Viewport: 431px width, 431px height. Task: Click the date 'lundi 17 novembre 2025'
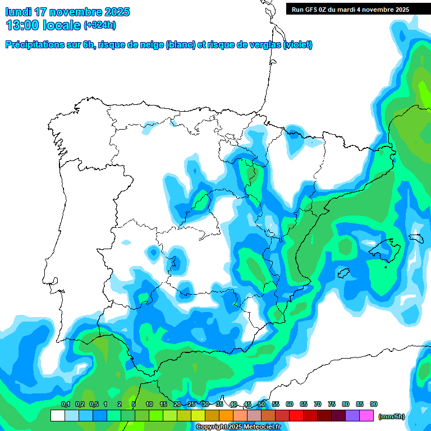point(67,12)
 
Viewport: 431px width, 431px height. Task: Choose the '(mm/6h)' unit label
point(391,416)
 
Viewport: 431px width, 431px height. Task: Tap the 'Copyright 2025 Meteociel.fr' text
point(238,427)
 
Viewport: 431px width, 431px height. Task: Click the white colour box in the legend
point(57,416)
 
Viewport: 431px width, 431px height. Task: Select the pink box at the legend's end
point(367,416)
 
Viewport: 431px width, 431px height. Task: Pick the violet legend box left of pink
point(353,416)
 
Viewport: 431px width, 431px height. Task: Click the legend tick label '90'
point(374,405)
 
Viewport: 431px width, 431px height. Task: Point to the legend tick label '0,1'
point(65,405)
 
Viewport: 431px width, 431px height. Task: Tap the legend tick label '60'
point(290,405)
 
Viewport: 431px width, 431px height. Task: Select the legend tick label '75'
point(332,405)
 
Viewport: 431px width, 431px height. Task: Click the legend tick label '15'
point(163,405)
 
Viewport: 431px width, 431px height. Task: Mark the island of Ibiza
point(346,273)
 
